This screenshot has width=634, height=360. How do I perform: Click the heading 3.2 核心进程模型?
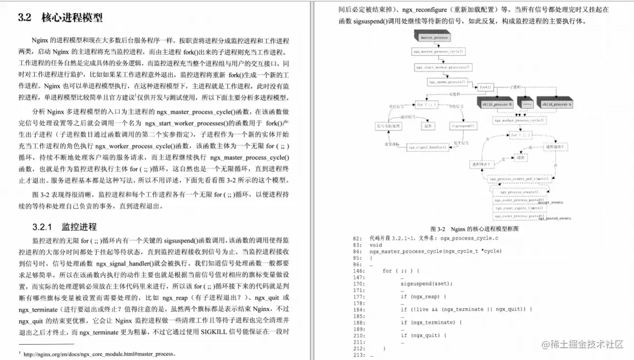click(x=60, y=17)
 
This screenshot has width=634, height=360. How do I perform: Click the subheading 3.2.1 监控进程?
click(x=64, y=227)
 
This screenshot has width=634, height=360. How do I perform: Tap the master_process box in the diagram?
click(x=434, y=37)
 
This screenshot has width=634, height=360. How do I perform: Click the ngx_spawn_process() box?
click(x=446, y=82)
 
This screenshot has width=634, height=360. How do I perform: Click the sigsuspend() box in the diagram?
click(x=462, y=125)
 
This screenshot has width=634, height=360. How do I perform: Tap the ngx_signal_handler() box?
click(x=428, y=147)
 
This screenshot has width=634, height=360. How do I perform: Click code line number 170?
click(x=357, y=283)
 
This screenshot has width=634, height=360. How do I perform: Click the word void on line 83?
click(x=375, y=245)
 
